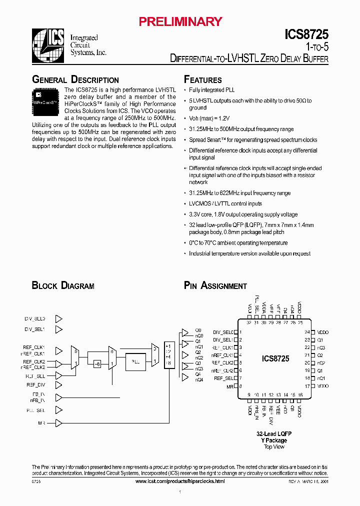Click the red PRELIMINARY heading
point(180,21)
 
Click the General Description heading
point(75,80)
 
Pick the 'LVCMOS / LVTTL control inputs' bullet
point(225,204)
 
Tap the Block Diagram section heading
point(63,286)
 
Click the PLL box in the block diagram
point(136,361)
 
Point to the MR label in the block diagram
point(41,423)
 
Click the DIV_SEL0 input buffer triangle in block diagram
point(58,318)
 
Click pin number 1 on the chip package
point(241,332)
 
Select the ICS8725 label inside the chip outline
point(275,358)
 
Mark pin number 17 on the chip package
point(307,386)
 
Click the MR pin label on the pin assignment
point(230,386)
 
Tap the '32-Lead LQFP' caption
point(274,434)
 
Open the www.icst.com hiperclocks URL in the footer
point(180,480)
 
